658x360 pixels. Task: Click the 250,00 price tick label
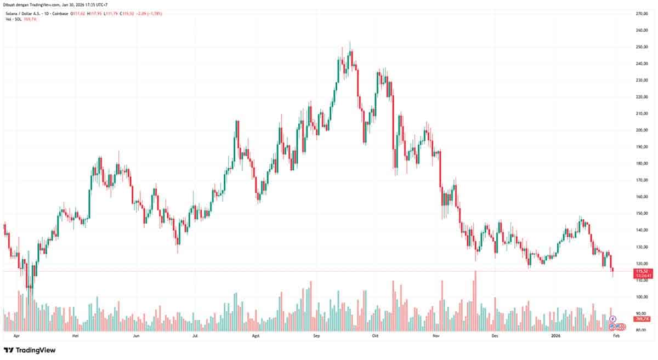pos(642,47)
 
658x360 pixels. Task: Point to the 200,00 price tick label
pos(642,130)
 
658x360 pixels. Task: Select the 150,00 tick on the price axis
pos(642,213)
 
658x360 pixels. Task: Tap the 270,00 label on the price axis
pos(642,13)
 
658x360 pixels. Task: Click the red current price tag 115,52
pos(642,271)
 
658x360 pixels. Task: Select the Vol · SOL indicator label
pos(13,19)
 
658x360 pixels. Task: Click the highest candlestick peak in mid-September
pos(350,42)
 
